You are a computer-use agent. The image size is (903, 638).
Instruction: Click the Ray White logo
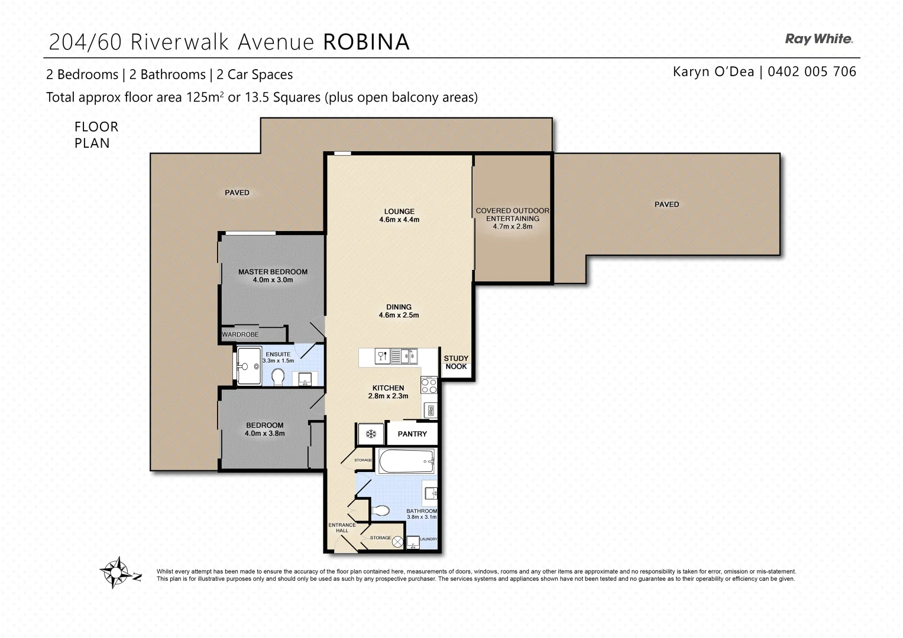[x=818, y=40]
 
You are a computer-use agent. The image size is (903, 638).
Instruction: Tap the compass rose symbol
[x=119, y=572]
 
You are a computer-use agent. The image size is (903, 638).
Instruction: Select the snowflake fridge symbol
[x=371, y=434]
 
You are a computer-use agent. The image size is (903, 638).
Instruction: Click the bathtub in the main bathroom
[x=406, y=461]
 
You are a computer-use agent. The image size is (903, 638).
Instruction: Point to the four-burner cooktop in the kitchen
[x=429, y=386]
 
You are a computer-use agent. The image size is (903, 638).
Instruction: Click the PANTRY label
[x=412, y=434]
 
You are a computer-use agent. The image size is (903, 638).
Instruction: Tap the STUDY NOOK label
[x=456, y=362]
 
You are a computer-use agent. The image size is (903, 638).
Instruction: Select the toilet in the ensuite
[x=278, y=376]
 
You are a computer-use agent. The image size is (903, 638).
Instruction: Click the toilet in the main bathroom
[x=380, y=510]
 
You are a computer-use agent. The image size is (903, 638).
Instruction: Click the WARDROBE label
[x=240, y=334]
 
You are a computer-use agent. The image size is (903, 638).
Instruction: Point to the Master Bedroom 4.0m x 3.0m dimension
[x=273, y=280]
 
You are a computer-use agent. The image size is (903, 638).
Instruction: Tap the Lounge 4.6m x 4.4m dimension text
[x=399, y=220]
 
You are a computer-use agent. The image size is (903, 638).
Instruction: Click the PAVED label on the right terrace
[x=666, y=204]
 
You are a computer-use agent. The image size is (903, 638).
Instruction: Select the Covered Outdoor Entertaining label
[x=512, y=214]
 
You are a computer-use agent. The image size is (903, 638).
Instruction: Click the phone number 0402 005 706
[x=811, y=71]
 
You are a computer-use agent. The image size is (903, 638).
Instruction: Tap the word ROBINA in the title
[x=367, y=42]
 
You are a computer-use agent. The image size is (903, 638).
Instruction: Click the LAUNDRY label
[x=428, y=539]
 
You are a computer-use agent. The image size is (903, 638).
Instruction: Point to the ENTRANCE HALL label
[x=342, y=528]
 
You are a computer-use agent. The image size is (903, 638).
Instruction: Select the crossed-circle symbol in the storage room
[x=397, y=541]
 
